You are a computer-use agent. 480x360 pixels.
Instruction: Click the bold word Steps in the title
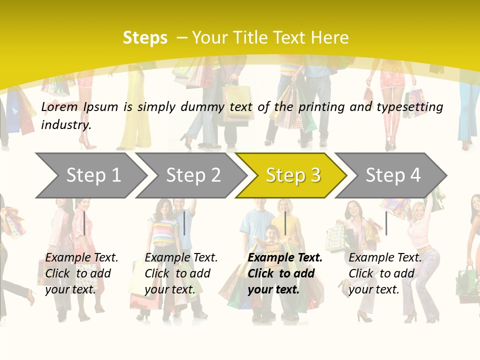click(x=145, y=38)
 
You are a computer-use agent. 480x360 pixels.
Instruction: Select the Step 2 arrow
click(x=193, y=175)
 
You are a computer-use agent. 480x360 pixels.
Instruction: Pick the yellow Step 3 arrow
click(x=293, y=175)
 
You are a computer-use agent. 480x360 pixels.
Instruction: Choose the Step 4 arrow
click(x=393, y=175)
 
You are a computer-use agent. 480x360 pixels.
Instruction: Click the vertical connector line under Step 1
click(x=84, y=223)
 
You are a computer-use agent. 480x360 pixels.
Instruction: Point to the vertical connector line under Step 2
click(x=184, y=223)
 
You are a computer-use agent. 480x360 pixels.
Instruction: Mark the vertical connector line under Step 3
click(x=285, y=223)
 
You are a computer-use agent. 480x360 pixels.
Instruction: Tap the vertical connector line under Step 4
click(x=386, y=223)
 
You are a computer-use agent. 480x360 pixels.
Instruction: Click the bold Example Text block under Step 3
click(x=285, y=273)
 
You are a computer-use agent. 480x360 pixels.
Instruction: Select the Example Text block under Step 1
click(x=81, y=273)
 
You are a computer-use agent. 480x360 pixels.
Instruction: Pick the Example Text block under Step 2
click(x=181, y=273)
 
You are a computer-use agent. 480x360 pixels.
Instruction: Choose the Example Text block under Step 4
click(x=385, y=273)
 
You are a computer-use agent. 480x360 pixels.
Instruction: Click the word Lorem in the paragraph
click(x=59, y=106)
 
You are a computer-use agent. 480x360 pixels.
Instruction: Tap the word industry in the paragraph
click(x=66, y=124)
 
